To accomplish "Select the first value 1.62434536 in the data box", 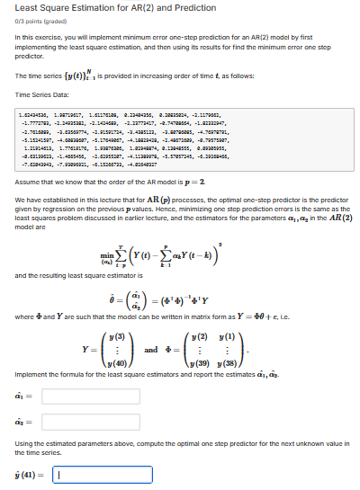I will [33, 115].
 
